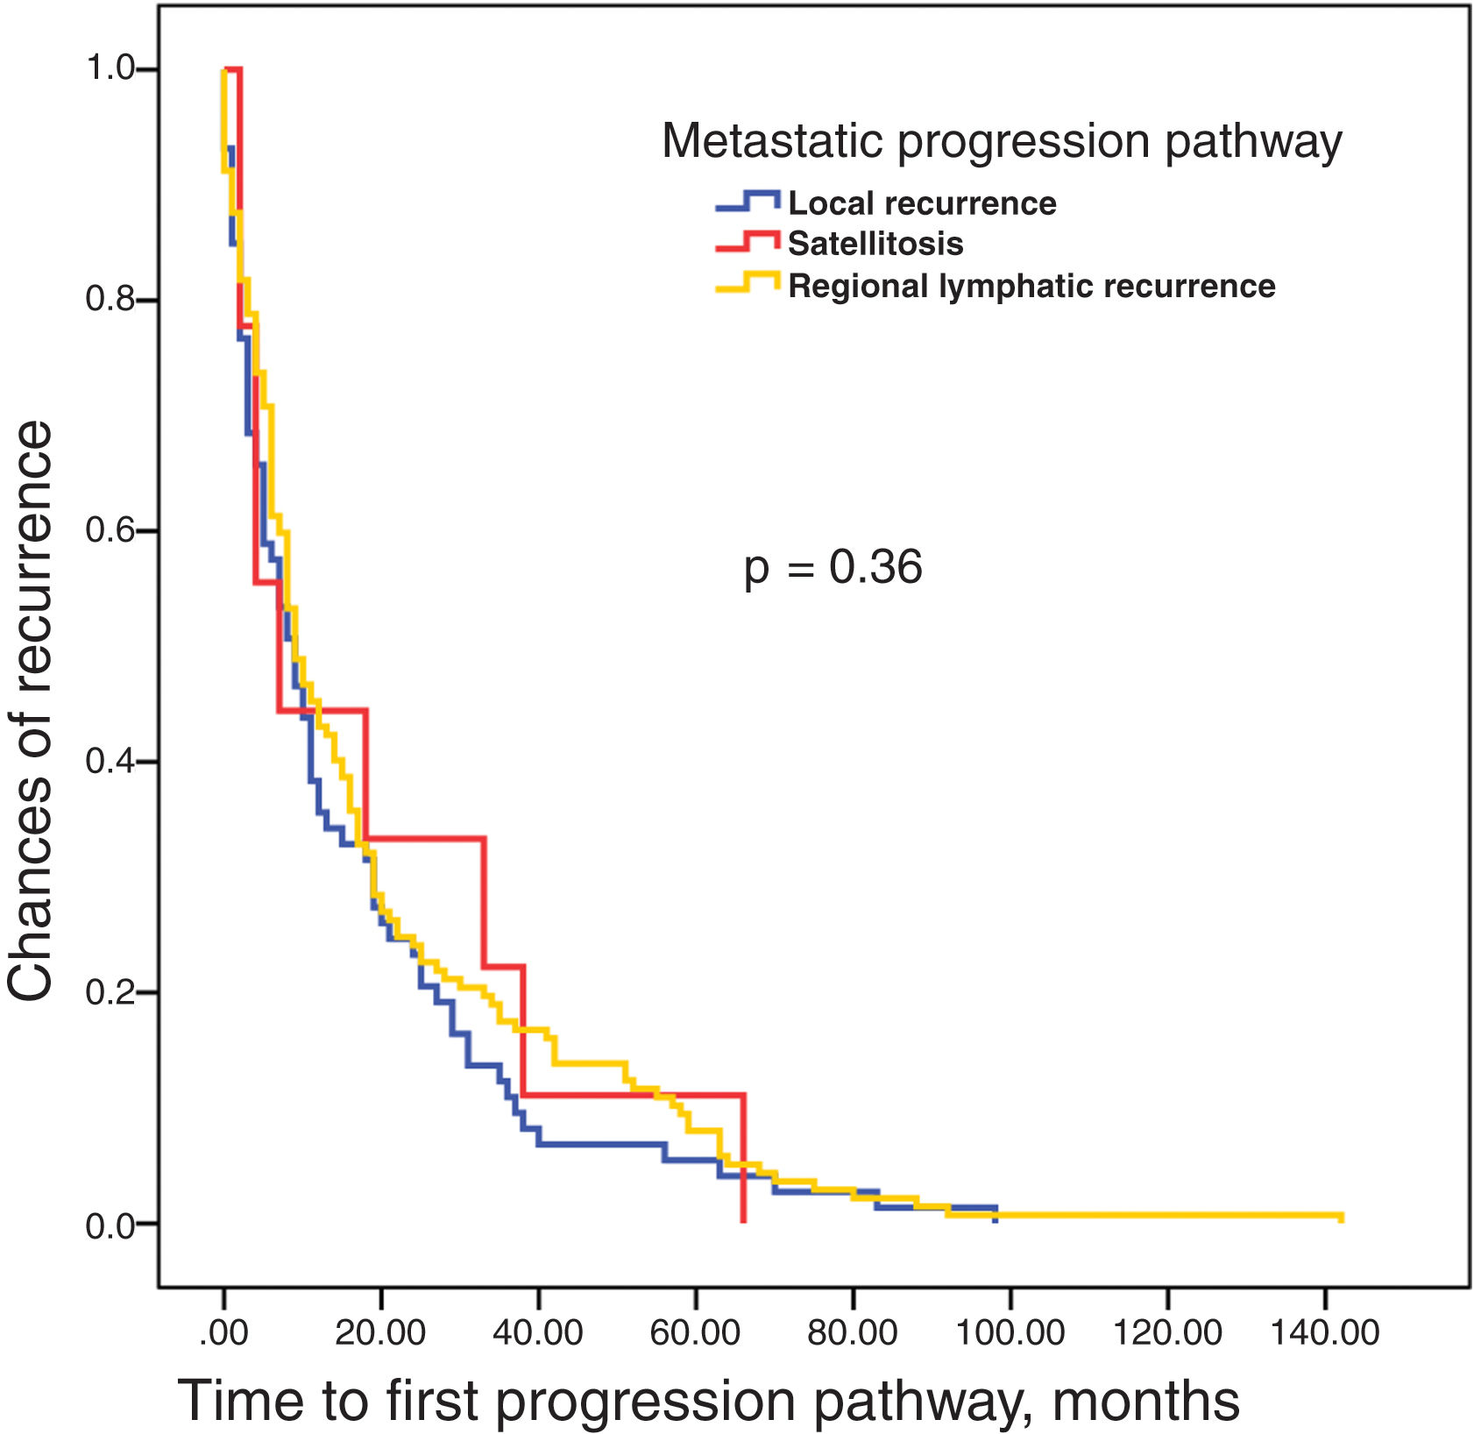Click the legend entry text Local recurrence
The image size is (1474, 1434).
click(x=922, y=203)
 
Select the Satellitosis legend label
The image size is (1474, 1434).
click(x=875, y=244)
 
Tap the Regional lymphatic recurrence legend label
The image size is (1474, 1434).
click(x=1031, y=287)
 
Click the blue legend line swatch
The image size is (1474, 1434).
click(x=748, y=201)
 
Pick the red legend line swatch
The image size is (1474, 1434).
click(x=748, y=241)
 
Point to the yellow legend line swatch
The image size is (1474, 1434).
click(x=748, y=283)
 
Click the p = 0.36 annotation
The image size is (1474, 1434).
click(x=833, y=567)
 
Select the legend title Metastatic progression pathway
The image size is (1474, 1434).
click(x=1002, y=140)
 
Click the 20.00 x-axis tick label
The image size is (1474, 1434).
click(x=380, y=1333)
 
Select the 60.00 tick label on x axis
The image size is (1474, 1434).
click(x=695, y=1333)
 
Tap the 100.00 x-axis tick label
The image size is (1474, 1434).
click(x=1010, y=1333)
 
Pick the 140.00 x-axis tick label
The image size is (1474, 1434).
click(x=1324, y=1333)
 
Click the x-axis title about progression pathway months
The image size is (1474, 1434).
click(x=709, y=1400)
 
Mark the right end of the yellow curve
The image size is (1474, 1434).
click(x=1341, y=1217)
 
